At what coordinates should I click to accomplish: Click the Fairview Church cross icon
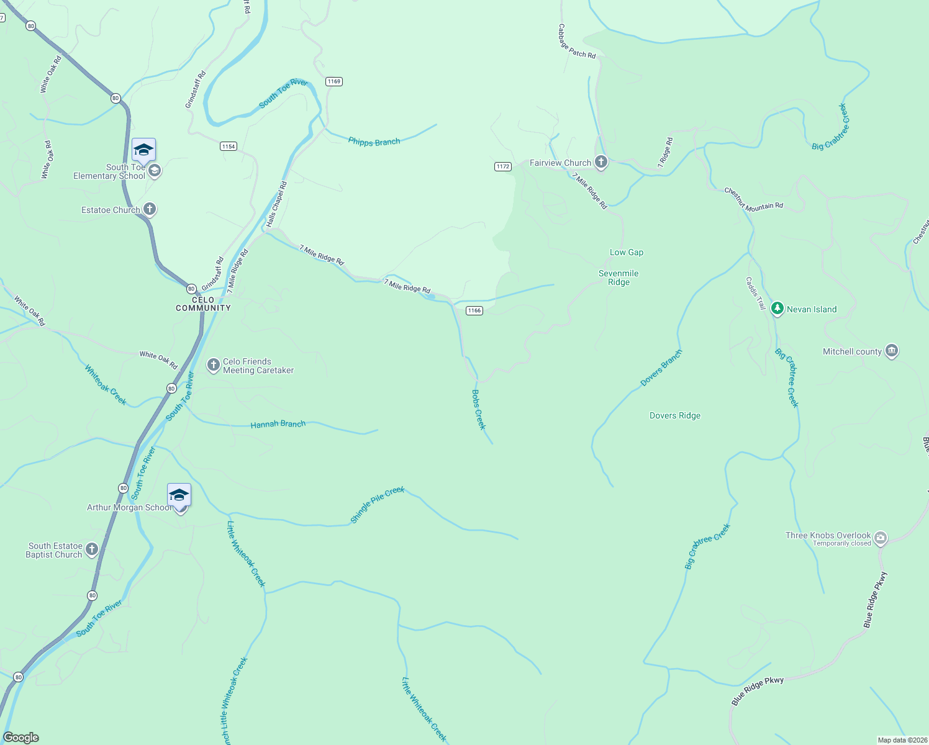click(600, 162)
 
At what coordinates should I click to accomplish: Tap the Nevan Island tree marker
click(777, 309)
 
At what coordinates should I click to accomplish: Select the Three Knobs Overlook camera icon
click(881, 538)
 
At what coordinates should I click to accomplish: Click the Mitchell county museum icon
click(892, 351)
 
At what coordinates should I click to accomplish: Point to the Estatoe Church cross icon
click(150, 209)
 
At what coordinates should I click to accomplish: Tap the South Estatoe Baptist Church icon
click(92, 549)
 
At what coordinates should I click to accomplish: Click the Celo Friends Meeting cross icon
click(214, 365)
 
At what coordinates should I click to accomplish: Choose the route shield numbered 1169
click(334, 81)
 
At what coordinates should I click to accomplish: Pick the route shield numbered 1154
click(228, 146)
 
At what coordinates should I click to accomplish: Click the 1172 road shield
click(502, 166)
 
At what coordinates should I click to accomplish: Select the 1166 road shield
click(474, 310)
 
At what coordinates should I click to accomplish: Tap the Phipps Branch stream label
click(374, 142)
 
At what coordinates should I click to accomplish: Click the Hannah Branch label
click(278, 424)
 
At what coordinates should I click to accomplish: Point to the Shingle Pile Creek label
click(377, 505)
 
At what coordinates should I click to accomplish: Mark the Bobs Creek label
click(478, 410)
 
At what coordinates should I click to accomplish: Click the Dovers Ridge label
click(674, 415)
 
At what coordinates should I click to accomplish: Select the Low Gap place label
click(626, 252)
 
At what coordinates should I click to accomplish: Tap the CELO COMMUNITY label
click(203, 304)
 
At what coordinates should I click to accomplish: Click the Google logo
click(20, 738)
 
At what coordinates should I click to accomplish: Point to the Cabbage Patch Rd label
click(576, 42)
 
